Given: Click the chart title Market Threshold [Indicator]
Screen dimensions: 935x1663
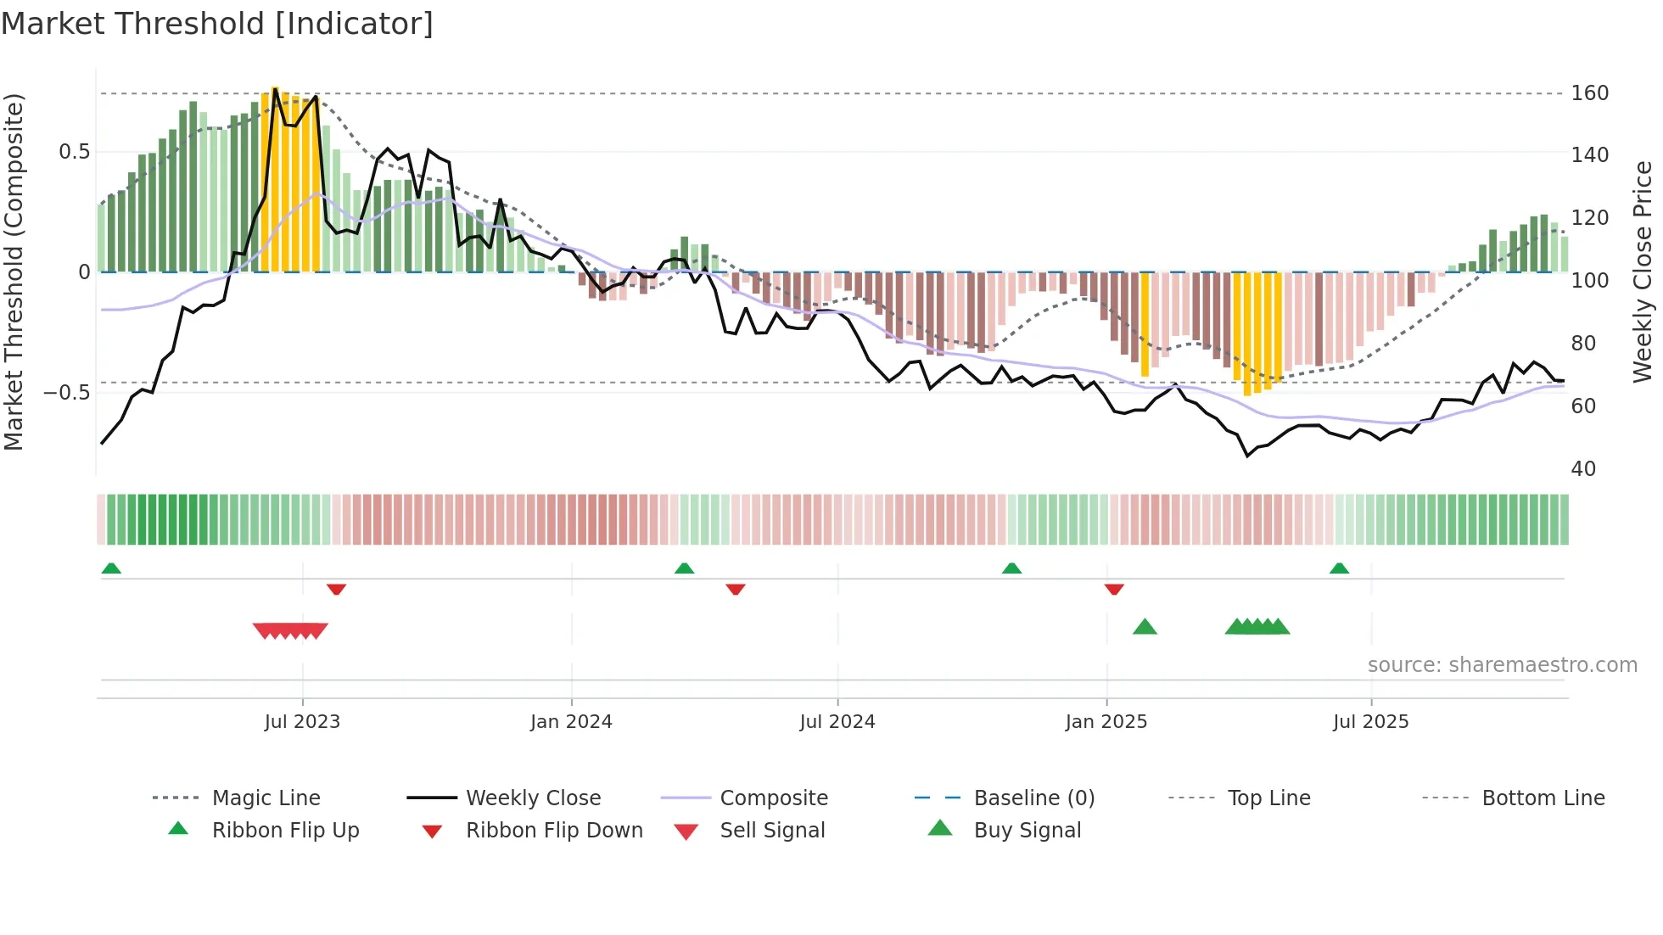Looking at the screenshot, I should tap(217, 24).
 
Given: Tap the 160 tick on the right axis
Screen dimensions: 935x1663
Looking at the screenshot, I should tap(1589, 93).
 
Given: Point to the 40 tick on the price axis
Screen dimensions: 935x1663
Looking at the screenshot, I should tap(1583, 469).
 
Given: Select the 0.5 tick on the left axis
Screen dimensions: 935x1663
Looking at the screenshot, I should tap(74, 152).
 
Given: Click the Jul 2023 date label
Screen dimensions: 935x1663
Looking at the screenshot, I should tap(302, 722).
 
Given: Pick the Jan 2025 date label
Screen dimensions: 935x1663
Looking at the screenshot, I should tap(1106, 722).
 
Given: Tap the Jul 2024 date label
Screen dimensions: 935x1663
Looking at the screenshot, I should tap(837, 722).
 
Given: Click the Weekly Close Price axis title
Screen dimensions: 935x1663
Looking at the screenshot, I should tap(1643, 272).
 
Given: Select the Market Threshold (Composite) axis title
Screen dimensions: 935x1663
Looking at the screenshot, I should tap(14, 272).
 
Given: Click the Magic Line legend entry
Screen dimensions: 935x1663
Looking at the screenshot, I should tap(266, 798).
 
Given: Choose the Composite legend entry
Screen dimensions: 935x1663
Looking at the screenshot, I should tap(773, 798).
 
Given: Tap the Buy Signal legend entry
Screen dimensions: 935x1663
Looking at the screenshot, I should tap(1027, 831).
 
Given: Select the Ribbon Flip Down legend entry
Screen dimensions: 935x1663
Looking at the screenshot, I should tap(553, 831).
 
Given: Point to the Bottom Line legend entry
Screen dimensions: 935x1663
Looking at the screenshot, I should tap(1543, 798).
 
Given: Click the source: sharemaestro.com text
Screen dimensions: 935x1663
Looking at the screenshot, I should tap(1502, 665).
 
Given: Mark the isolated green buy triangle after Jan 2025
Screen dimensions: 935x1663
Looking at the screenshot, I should tap(1145, 627).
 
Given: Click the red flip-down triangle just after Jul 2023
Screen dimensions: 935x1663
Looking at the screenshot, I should tap(336, 589).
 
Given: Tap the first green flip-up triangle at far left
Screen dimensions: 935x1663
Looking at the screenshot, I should tap(111, 568).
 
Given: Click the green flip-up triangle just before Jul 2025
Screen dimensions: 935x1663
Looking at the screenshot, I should tap(1339, 568).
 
